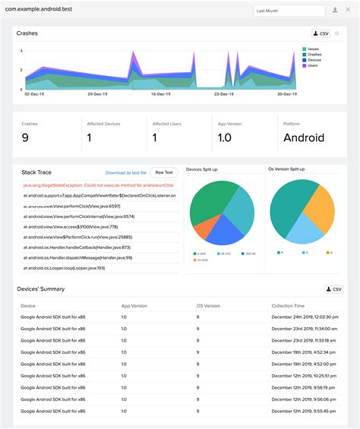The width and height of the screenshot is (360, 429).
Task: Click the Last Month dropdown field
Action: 289,11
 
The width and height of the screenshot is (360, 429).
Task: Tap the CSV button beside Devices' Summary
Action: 333,289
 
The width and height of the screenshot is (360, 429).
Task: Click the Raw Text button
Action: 164,172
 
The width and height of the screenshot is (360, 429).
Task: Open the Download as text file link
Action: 126,173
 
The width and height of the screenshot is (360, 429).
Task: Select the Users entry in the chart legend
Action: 312,66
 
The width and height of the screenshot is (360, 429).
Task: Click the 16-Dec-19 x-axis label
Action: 160,94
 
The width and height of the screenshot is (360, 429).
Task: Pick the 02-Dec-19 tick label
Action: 33,94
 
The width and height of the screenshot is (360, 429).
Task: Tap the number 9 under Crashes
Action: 25,137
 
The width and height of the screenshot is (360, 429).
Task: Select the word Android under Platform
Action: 304,137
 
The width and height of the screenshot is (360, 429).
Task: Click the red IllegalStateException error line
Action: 99,185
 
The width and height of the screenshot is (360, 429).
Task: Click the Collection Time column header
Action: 288,306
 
